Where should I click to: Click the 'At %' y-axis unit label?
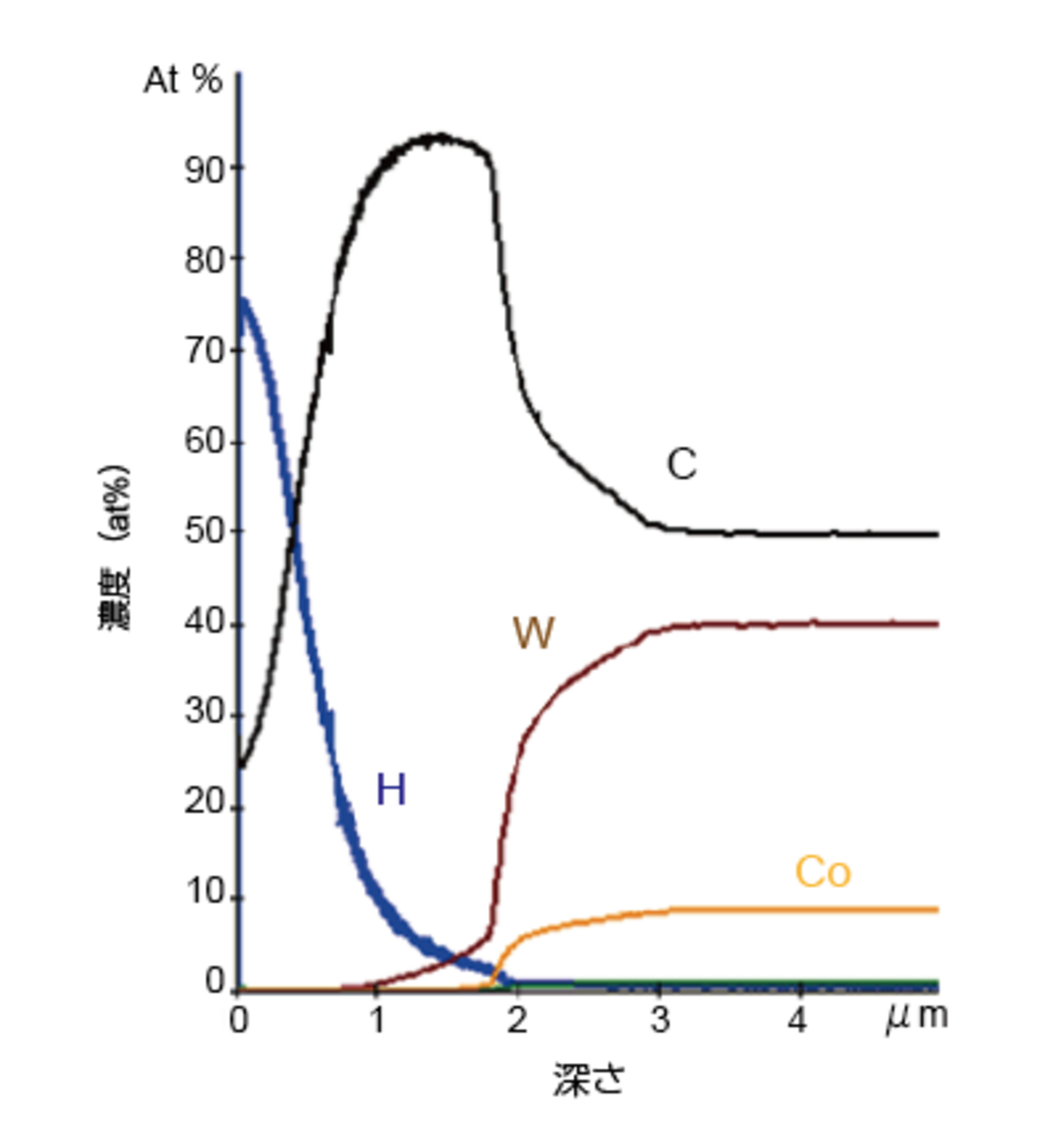183,80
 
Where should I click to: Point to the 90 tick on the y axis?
202,170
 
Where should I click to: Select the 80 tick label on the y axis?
202,261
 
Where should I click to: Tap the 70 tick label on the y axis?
202,351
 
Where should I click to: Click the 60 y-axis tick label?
202,441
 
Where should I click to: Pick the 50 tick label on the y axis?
202,532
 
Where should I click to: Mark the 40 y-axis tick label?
202,624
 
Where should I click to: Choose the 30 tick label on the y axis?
202,714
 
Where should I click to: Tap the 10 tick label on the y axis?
202,894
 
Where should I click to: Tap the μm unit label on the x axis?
917,1018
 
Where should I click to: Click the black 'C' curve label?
682,464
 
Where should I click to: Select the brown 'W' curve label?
533,634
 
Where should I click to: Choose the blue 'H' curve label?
391,790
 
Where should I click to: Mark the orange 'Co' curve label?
822,873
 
